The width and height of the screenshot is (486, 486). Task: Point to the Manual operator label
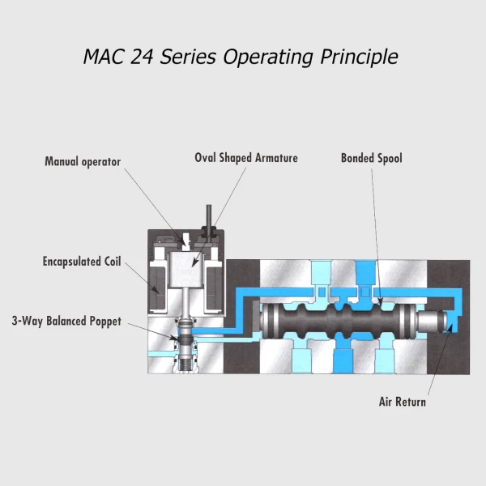pos(83,162)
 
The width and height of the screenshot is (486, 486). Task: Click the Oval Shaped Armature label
pos(246,158)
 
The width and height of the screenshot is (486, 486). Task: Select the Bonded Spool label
pos(371,158)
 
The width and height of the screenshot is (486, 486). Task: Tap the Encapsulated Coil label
pos(82,262)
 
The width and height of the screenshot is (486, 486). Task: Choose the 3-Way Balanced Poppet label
pos(66,322)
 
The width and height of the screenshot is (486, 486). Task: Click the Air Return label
pos(403,402)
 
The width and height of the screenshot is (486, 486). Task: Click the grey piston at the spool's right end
pos(438,324)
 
